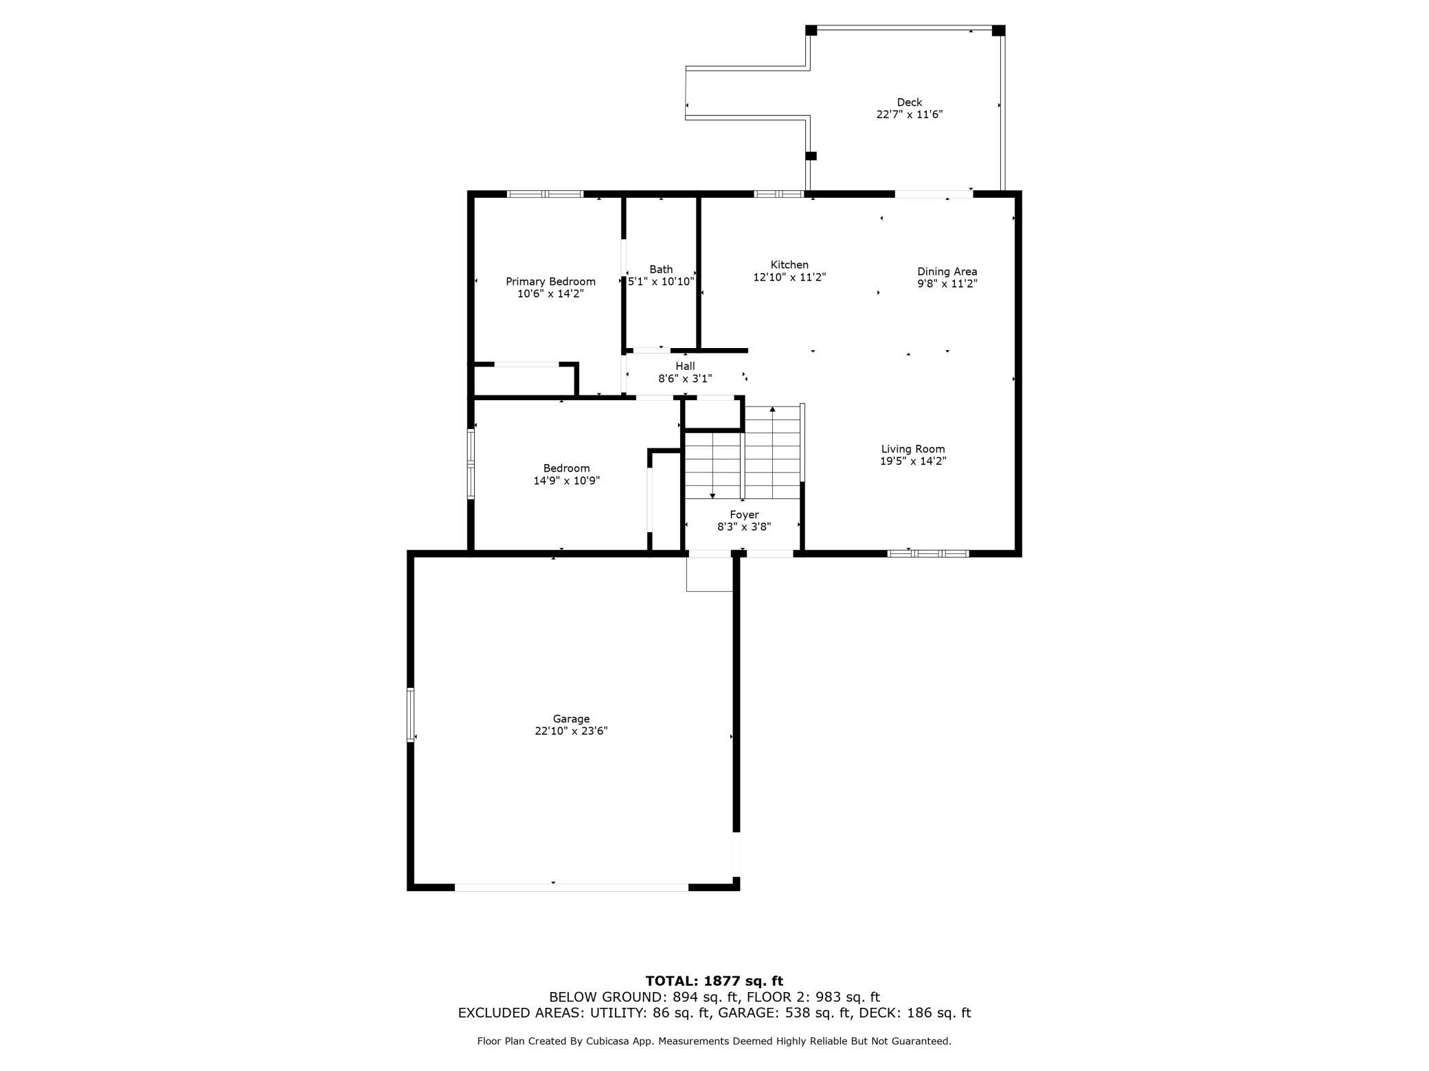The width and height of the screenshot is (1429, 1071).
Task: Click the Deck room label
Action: [x=909, y=102]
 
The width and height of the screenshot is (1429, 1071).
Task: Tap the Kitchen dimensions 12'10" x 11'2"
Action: [x=789, y=277]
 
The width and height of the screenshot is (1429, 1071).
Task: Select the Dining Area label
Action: [x=947, y=271]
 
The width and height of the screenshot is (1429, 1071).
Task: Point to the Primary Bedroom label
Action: [x=550, y=281]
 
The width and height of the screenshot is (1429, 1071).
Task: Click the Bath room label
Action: [x=661, y=269]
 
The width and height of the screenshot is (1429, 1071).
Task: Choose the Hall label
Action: [x=685, y=366]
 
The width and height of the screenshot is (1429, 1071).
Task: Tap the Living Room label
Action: [x=913, y=449]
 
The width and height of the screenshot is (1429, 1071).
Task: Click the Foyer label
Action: [x=744, y=514]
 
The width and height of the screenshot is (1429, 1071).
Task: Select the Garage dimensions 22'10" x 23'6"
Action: [x=571, y=731]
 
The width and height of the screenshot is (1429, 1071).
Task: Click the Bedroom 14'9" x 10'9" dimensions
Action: [x=567, y=481]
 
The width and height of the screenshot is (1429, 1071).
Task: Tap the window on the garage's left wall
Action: [x=411, y=715]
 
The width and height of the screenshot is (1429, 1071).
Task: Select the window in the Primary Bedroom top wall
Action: [x=545, y=194]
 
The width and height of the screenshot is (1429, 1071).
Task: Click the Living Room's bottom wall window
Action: [x=928, y=553]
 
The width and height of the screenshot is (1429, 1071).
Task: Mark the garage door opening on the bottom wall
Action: [x=572, y=887]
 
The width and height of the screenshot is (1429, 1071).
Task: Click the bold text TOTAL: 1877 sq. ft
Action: [x=714, y=981]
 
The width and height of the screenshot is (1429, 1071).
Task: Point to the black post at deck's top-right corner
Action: [x=998, y=31]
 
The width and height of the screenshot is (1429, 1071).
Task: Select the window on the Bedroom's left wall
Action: [x=471, y=464]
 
